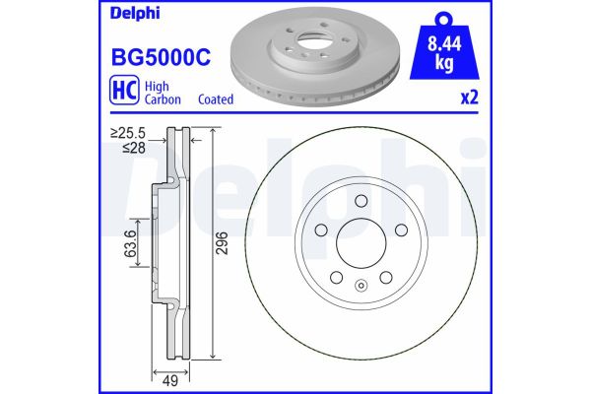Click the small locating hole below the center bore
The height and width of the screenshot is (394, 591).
point(361,288)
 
